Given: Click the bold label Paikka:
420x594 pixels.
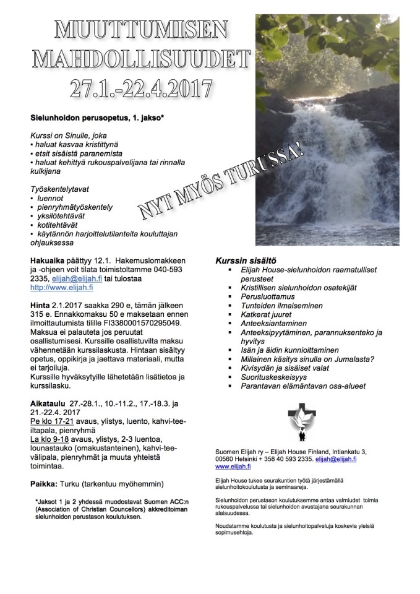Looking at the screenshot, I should point(46,483).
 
